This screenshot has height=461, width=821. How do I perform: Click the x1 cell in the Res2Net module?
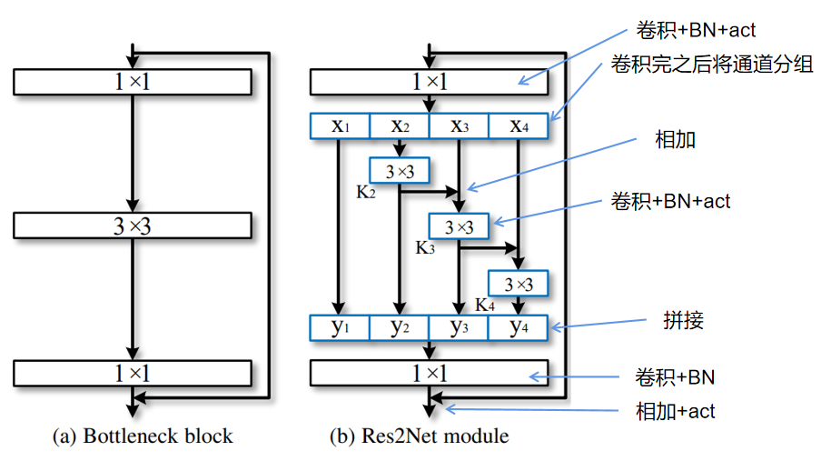click(340, 126)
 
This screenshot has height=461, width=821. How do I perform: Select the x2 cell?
click(399, 126)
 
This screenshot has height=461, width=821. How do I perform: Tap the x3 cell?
click(459, 126)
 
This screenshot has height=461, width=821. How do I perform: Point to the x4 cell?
click(519, 126)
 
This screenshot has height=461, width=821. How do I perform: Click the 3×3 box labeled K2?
click(399, 170)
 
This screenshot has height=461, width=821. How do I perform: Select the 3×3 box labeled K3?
click(459, 225)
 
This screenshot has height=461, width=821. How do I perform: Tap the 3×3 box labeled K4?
click(519, 284)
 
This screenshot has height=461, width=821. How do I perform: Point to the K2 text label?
click(367, 193)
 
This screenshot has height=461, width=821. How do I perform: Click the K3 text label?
click(426, 247)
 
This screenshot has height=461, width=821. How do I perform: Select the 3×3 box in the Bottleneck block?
click(133, 225)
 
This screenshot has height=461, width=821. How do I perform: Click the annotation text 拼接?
click(684, 321)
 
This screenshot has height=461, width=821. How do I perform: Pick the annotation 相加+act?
click(675, 411)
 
